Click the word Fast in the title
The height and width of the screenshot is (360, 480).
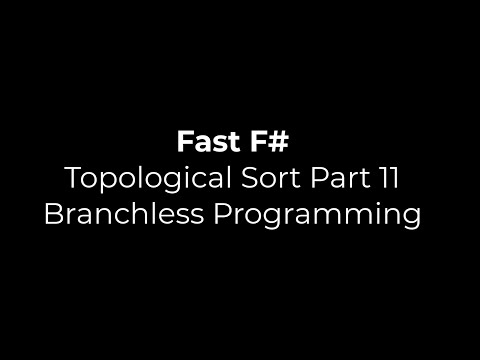[208, 142]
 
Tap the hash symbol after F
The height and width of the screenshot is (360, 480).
[278, 142]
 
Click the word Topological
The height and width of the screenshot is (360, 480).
[136, 179]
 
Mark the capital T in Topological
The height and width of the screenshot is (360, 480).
[72, 179]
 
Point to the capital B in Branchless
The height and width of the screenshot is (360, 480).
[53, 215]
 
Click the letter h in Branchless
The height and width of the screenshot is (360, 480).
[132, 215]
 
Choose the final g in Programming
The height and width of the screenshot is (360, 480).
[410, 219]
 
